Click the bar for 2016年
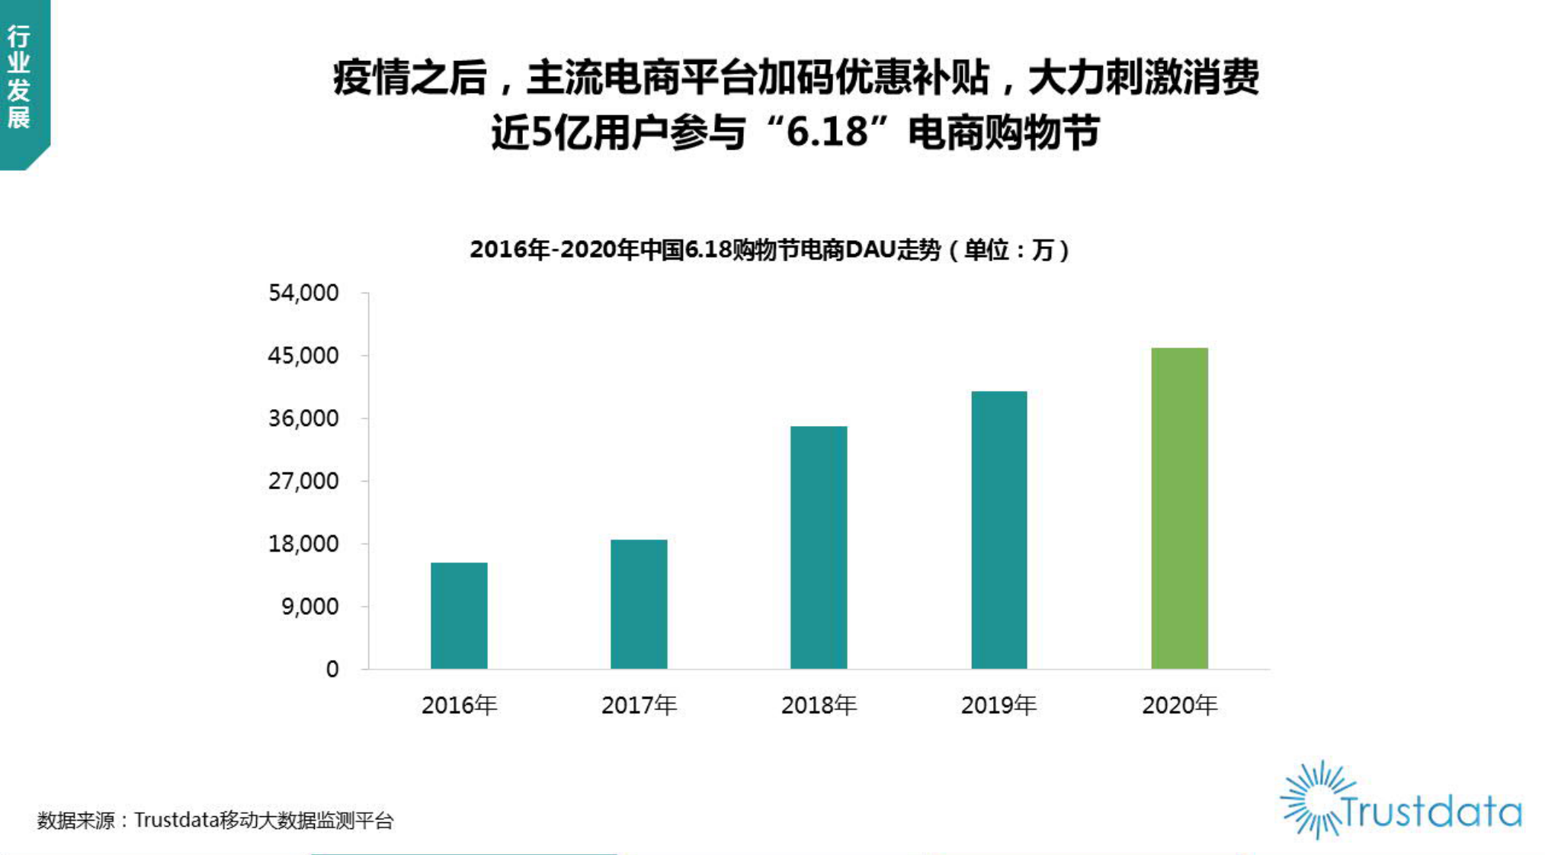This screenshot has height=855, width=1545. tap(459, 616)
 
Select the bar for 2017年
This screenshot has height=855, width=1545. tap(639, 604)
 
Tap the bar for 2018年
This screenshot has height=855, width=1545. tap(819, 547)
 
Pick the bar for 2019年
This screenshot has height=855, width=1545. tap(998, 530)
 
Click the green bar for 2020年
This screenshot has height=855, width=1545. tap(1179, 508)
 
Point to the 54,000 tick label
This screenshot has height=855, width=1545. tap(303, 293)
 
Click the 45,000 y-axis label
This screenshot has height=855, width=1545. tap(303, 356)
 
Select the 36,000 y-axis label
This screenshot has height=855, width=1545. tap(303, 418)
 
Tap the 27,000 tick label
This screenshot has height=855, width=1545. tap(303, 482)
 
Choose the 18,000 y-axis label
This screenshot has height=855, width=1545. tap(303, 544)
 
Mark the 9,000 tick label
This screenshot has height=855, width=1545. tap(309, 607)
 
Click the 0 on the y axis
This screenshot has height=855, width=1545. tap(332, 670)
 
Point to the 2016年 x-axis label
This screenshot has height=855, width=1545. tap(459, 706)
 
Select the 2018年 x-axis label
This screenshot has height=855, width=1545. tap(819, 706)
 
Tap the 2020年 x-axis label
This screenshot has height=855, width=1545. tap(1179, 706)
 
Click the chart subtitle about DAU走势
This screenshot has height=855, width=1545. tap(770, 250)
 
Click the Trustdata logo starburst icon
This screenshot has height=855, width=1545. tap(1313, 799)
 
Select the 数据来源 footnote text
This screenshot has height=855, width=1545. tap(216, 821)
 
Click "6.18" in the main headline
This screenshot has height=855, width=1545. tap(827, 133)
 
